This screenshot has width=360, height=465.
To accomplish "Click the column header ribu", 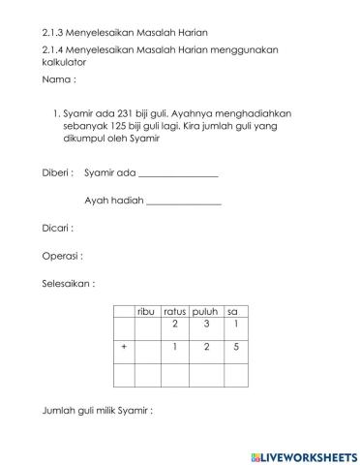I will [146, 311].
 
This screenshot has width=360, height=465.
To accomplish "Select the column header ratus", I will [174, 311].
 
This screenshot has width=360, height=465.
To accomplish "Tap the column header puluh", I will [205, 311].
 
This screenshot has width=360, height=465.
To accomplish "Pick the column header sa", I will [233, 311].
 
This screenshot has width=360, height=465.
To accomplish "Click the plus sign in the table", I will [124, 346].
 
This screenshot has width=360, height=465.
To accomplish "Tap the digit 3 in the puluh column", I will [206, 324].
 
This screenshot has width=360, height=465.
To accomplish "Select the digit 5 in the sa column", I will [235, 346].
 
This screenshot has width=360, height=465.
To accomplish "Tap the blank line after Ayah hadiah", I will [183, 201].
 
